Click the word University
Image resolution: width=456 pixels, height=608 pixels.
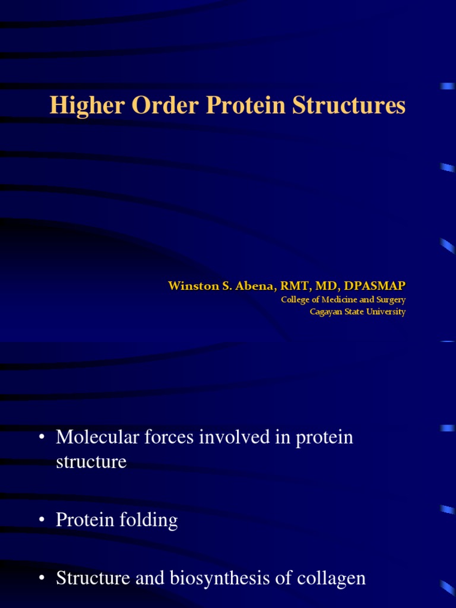coord(386,312)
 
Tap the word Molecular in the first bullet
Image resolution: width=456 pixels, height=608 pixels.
coord(95,438)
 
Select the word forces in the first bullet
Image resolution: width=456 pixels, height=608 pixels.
coord(163,438)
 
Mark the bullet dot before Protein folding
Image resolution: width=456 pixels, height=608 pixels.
coord(42,521)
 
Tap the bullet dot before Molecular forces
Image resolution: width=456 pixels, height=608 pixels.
coord(42,439)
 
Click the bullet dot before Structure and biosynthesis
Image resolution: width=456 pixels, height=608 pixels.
coord(42,579)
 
